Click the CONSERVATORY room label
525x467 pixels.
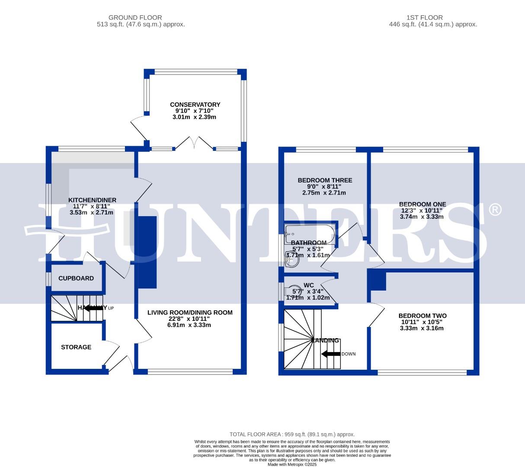tap(195, 105)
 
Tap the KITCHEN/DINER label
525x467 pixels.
tap(92, 200)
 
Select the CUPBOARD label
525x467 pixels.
tap(76, 278)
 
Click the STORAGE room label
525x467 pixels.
tap(76, 347)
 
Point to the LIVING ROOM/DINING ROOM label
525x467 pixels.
tap(190, 313)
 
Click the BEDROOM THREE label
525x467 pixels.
tap(325, 180)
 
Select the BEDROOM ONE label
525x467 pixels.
tap(422, 204)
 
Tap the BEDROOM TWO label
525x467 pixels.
tap(422, 316)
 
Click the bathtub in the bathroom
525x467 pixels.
tap(310, 233)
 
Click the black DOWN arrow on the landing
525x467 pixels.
tap(331, 354)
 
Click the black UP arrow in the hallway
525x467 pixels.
tap(93, 308)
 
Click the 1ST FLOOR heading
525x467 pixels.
tap(425, 18)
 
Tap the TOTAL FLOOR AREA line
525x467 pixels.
tap(292, 434)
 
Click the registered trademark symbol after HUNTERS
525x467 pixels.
tap(495, 210)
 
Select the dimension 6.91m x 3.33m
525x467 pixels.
tap(189, 325)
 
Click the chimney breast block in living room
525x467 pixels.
tap(147, 252)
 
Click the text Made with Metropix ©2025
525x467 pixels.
tap(292, 464)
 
